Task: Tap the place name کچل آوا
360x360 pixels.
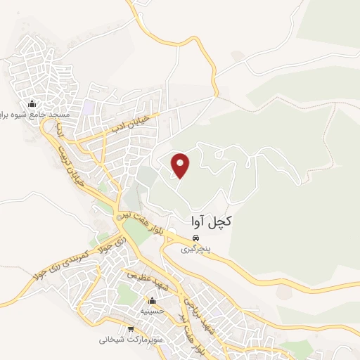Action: (211, 221)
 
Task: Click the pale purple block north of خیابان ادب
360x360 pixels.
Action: (89, 109)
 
